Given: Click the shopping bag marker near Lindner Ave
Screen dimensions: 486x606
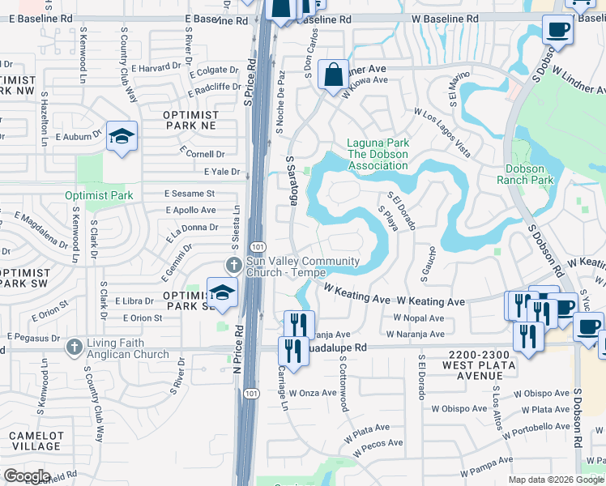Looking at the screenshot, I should tap(333, 75).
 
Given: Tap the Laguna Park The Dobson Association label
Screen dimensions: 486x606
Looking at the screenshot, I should tap(378, 155).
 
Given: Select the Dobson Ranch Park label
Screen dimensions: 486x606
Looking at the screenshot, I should tap(529, 174).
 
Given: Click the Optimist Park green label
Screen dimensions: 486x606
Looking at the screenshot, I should tap(99, 195).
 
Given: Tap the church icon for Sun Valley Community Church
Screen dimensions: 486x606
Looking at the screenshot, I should tap(234, 264).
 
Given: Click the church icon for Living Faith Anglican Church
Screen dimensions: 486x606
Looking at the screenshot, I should tap(74, 347).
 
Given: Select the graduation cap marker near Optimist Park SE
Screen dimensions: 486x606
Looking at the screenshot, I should tap(222, 292).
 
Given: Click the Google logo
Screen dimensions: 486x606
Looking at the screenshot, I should tap(26, 476).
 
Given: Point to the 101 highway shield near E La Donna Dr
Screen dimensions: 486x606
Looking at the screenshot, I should tap(257, 245).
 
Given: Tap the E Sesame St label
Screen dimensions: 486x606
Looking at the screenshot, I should tap(189, 194).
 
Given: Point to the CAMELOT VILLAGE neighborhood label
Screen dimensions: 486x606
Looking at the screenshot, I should tap(36, 441).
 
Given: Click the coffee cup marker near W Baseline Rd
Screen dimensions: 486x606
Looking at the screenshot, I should tap(557, 31).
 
